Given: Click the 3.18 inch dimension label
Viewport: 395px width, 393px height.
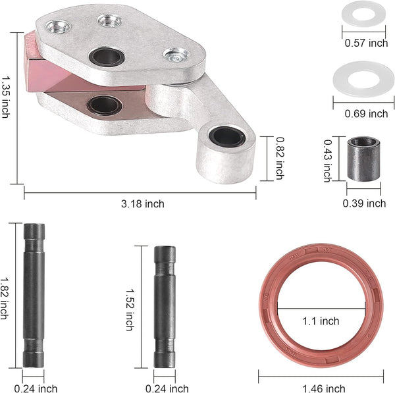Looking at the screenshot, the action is pos(143,204).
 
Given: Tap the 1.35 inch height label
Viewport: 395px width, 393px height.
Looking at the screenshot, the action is pos(5,97).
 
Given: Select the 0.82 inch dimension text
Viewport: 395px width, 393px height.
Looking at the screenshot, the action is pos(279,158).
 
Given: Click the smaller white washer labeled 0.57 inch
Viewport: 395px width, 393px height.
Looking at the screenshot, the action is pos(363,13).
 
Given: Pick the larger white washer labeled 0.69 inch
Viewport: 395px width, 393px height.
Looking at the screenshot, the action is pos(363,79).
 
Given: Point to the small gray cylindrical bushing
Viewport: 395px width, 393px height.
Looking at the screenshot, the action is pos(363,159).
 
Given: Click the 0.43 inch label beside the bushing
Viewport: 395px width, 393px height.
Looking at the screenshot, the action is pos(327,161).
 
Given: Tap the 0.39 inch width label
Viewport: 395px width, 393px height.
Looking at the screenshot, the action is pos(364,203).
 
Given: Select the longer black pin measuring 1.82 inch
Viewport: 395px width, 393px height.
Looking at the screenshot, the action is pos(34,296).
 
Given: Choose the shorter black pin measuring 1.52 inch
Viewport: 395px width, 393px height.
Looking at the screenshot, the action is pos(165,307).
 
